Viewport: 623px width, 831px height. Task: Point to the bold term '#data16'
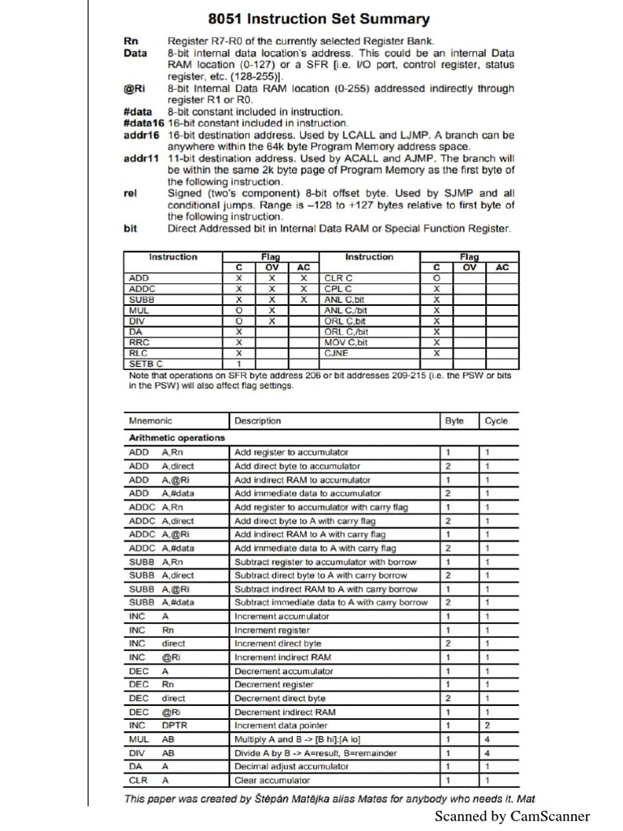point(143,123)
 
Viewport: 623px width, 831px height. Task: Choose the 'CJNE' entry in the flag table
point(336,353)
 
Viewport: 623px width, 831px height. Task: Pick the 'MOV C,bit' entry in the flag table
point(345,342)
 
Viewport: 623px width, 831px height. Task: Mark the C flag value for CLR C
point(436,278)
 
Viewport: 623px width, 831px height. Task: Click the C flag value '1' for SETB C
point(238,364)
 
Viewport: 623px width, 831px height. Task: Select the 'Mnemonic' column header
point(151,421)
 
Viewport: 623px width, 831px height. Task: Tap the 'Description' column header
point(257,421)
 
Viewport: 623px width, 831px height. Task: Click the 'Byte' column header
point(454,421)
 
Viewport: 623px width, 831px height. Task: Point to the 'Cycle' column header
point(496,421)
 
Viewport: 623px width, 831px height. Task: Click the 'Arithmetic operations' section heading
point(177,438)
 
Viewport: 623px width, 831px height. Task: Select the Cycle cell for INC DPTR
point(488,726)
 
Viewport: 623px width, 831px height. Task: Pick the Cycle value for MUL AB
point(488,739)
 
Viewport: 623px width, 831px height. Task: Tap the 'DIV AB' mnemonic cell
point(151,753)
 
